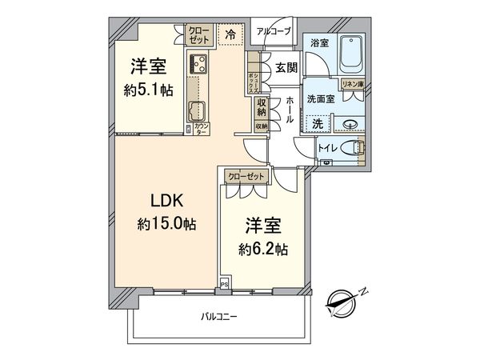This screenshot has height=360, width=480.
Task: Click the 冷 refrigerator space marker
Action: pyautogui.click(x=230, y=35)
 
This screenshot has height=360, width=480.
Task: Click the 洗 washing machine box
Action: pyautogui.click(x=318, y=124)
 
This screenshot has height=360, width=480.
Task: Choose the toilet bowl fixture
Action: pyautogui.click(x=353, y=148)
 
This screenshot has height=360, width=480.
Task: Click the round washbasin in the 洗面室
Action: pyautogui.click(x=352, y=124)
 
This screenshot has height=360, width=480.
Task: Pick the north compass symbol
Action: pyautogui.click(x=343, y=302)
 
